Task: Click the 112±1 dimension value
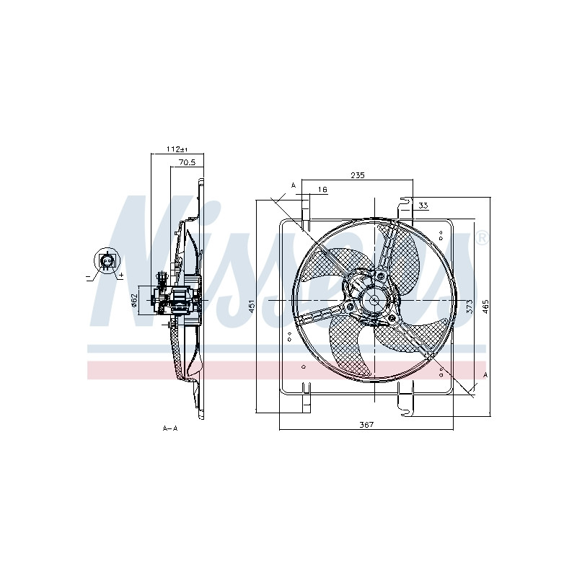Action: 177,149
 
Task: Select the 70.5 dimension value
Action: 187,162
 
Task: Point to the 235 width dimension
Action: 357,175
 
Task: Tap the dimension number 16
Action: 322,190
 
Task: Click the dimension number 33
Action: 423,206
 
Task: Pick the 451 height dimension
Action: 252,306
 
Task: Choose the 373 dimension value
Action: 470,306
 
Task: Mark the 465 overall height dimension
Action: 485,306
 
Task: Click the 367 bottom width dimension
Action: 366,425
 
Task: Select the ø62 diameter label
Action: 134,300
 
